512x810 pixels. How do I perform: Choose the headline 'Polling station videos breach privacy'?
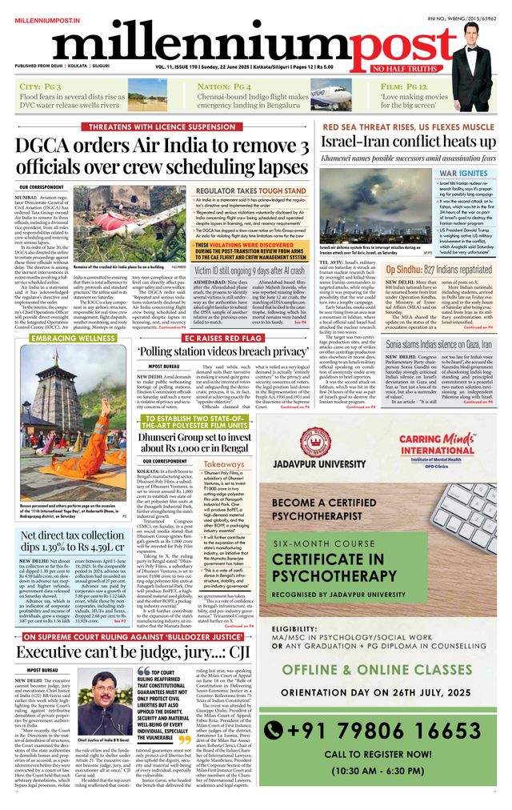tap(222, 351)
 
